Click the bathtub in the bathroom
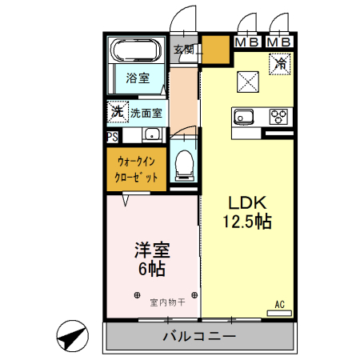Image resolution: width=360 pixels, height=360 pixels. pyautogui.click(x=137, y=52)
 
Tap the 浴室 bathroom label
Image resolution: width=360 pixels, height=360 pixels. pyautogui.click(x=137, y=78)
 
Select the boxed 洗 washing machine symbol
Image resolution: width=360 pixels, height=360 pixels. pyautogui.click(x=116, y=112)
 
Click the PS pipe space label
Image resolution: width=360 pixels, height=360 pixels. pyautogui.click(x=113, y=136)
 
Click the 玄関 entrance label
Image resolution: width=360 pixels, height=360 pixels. pyautogui.click(x=185, y=49)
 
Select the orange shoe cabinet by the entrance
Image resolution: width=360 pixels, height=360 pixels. pyautogui.click(x=214, y=50)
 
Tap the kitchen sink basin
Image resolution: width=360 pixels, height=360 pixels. pyautogui.click(x=244, y=117)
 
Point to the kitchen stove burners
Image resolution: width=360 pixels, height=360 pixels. pyautogui.click(x=280, y=117)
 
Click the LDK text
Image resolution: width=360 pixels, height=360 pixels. pyautogui.click(x=249, y=202)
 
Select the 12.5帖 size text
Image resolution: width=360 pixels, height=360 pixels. pyautogui.click(x=249, y=222)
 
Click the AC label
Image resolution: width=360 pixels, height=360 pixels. pyautogui.click(x=280, y=305)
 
